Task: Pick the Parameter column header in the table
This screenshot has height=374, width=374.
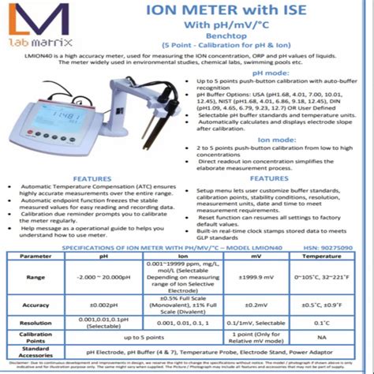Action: click(36, 256)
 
